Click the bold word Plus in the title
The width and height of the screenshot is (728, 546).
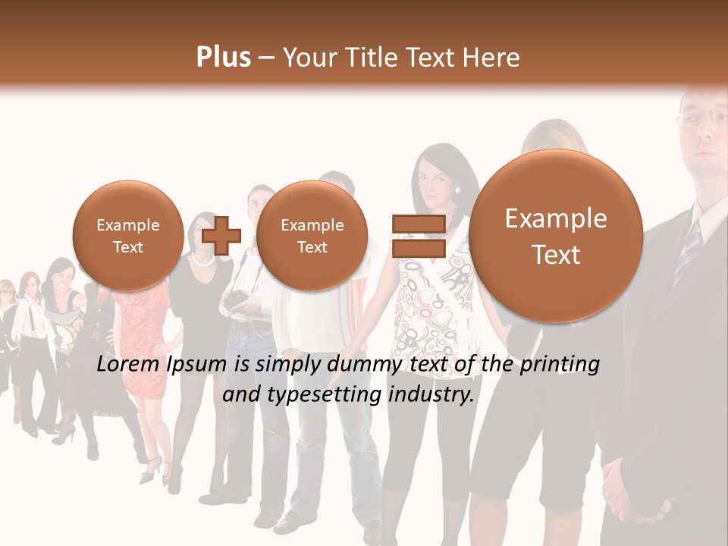(x=223, y=57)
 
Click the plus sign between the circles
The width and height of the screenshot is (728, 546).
(x=221, y=235)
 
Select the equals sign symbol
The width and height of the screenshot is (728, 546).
(x=418, y=235)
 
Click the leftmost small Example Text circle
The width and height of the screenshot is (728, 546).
(x=128, y=235)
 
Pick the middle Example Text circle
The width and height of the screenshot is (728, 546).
(x=312, y=235)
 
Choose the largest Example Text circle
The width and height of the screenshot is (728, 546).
(x=556, y=236)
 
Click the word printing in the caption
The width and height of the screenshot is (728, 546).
(x=560, y=365)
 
